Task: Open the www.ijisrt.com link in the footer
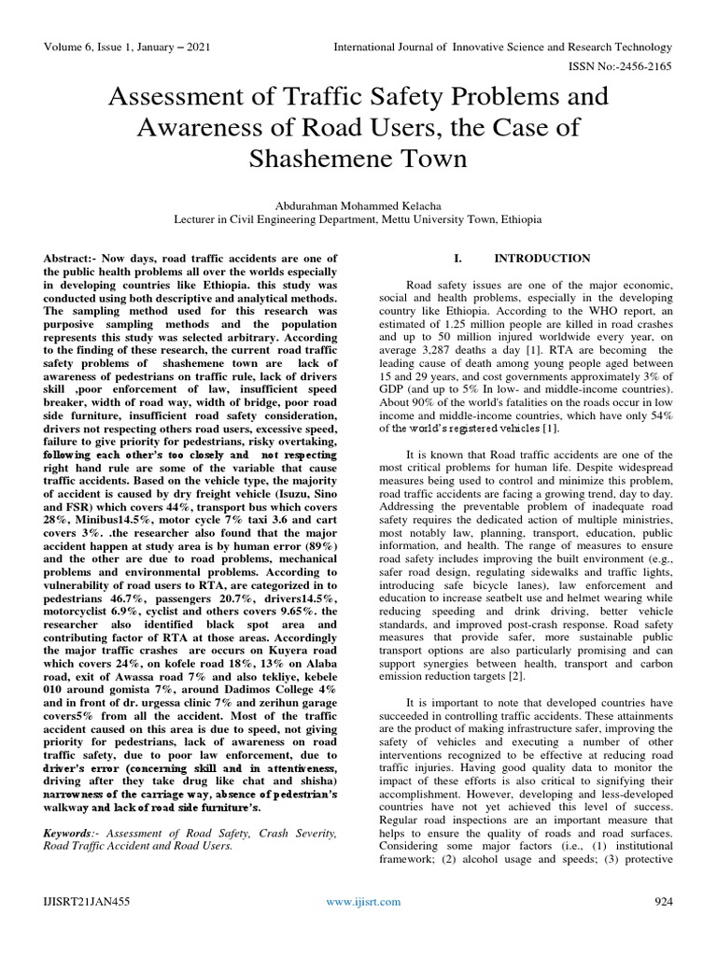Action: coord(363,902)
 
